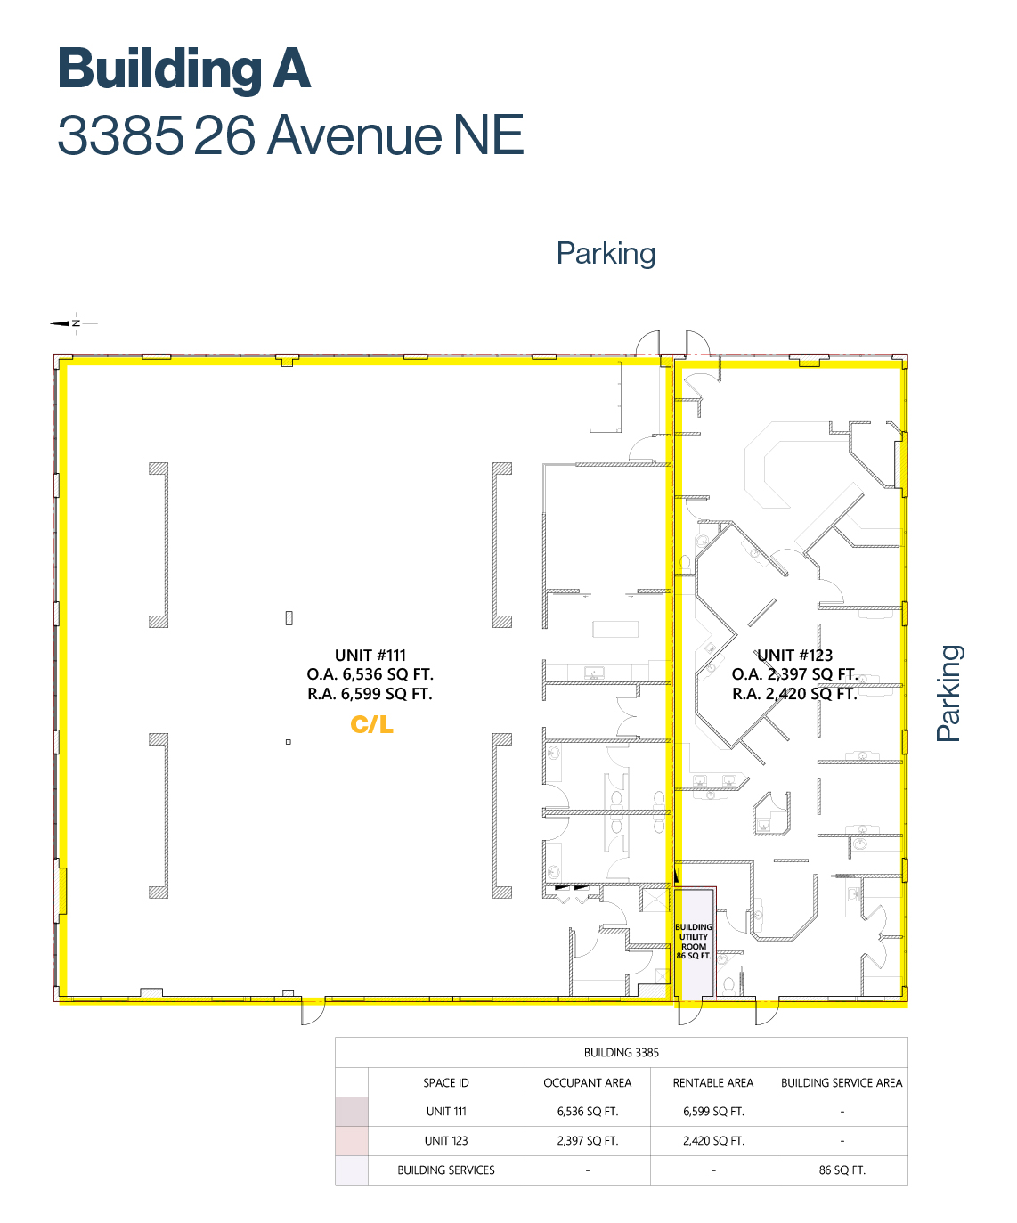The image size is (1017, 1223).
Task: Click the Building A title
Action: [183, 69]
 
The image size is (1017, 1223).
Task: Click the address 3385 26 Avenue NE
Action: [290, 135]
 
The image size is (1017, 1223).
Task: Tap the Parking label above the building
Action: [606, 254]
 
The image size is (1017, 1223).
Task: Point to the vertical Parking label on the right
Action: [948, 693]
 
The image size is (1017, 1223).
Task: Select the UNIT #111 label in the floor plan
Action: [370, 655]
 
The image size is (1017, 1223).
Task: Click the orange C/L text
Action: [371, 724]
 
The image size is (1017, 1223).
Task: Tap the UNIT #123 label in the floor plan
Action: [794, 655]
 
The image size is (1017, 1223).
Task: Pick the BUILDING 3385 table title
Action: [622, 1053]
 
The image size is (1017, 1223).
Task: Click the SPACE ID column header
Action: [446, 1082]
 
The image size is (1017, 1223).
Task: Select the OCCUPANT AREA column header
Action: [587, 1082]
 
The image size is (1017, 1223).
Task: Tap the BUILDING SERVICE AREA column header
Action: [842, 1082]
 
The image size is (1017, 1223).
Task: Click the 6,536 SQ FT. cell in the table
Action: [587, 1111]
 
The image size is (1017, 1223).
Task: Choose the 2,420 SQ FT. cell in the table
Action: [713, 1140]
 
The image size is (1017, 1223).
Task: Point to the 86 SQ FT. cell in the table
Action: [842, 1170]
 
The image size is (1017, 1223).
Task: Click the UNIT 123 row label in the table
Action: [446, 1140]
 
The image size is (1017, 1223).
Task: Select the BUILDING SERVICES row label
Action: [446, 1170]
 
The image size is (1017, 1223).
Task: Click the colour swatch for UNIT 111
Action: [351, 1111]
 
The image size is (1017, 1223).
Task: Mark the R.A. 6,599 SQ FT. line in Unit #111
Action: [370, 694]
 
